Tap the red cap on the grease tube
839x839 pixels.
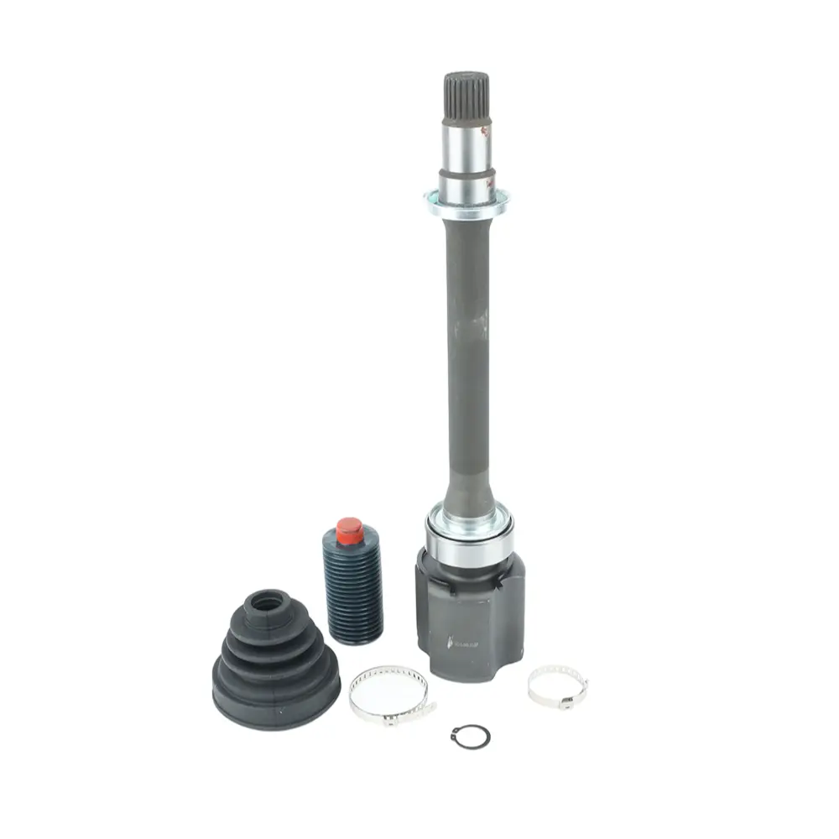coord(349,530)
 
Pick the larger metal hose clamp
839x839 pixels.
coord(389,693)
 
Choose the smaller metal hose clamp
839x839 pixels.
coord(557,685)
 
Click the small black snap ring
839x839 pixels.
coord(470,737)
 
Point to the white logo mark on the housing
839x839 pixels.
coord(460,644)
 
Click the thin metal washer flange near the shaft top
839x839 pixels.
coord(466,204)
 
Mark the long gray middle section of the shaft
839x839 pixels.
coord(467,352)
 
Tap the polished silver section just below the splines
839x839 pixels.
coord(466,144)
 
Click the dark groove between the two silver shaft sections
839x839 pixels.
coord(466,173)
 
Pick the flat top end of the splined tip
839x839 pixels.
coord(466,76)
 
